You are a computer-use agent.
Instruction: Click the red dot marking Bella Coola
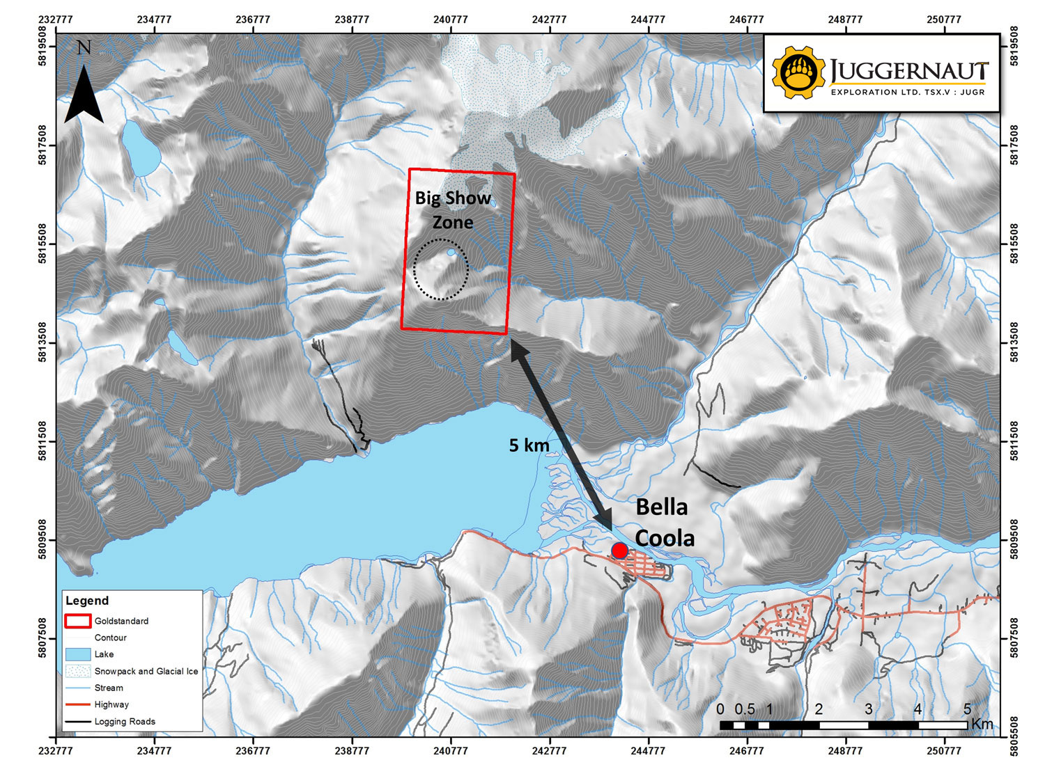pyautogui.click(x=619, y=551)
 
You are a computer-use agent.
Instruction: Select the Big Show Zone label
pyautogui.click(x=453, y=209)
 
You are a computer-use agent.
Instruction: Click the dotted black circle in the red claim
pyautogui.click(x=441, y=269)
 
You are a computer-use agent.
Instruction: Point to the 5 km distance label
pyautogui.click(x=529, y=445)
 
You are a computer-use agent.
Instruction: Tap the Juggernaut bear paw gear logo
pyautogui.click(x=798, y=72)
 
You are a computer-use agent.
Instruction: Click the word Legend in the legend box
pyautogui.click(x=87, y=601)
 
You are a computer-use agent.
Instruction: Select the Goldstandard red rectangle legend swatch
pyautogui.click(x=77, y=621)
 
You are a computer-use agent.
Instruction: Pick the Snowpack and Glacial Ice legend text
pyautogui.click(x=146, y=672)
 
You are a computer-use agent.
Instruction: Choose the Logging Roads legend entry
pyautogui.click(x=125, y=722)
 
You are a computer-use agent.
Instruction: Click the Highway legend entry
pyautogui.click(x=111, y=704)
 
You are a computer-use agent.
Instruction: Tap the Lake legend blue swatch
pyautogui.click(x=77, y=654)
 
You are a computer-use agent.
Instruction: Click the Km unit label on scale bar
pyautogui.click(x=982, y=724)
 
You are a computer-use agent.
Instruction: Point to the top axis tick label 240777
pyautogui.click(x=451, y=19)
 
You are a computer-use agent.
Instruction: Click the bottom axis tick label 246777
pyautogui.click(x=747, y=751)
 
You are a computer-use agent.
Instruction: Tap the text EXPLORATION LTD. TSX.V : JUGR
pyautogui.click(x=907, y=92)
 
